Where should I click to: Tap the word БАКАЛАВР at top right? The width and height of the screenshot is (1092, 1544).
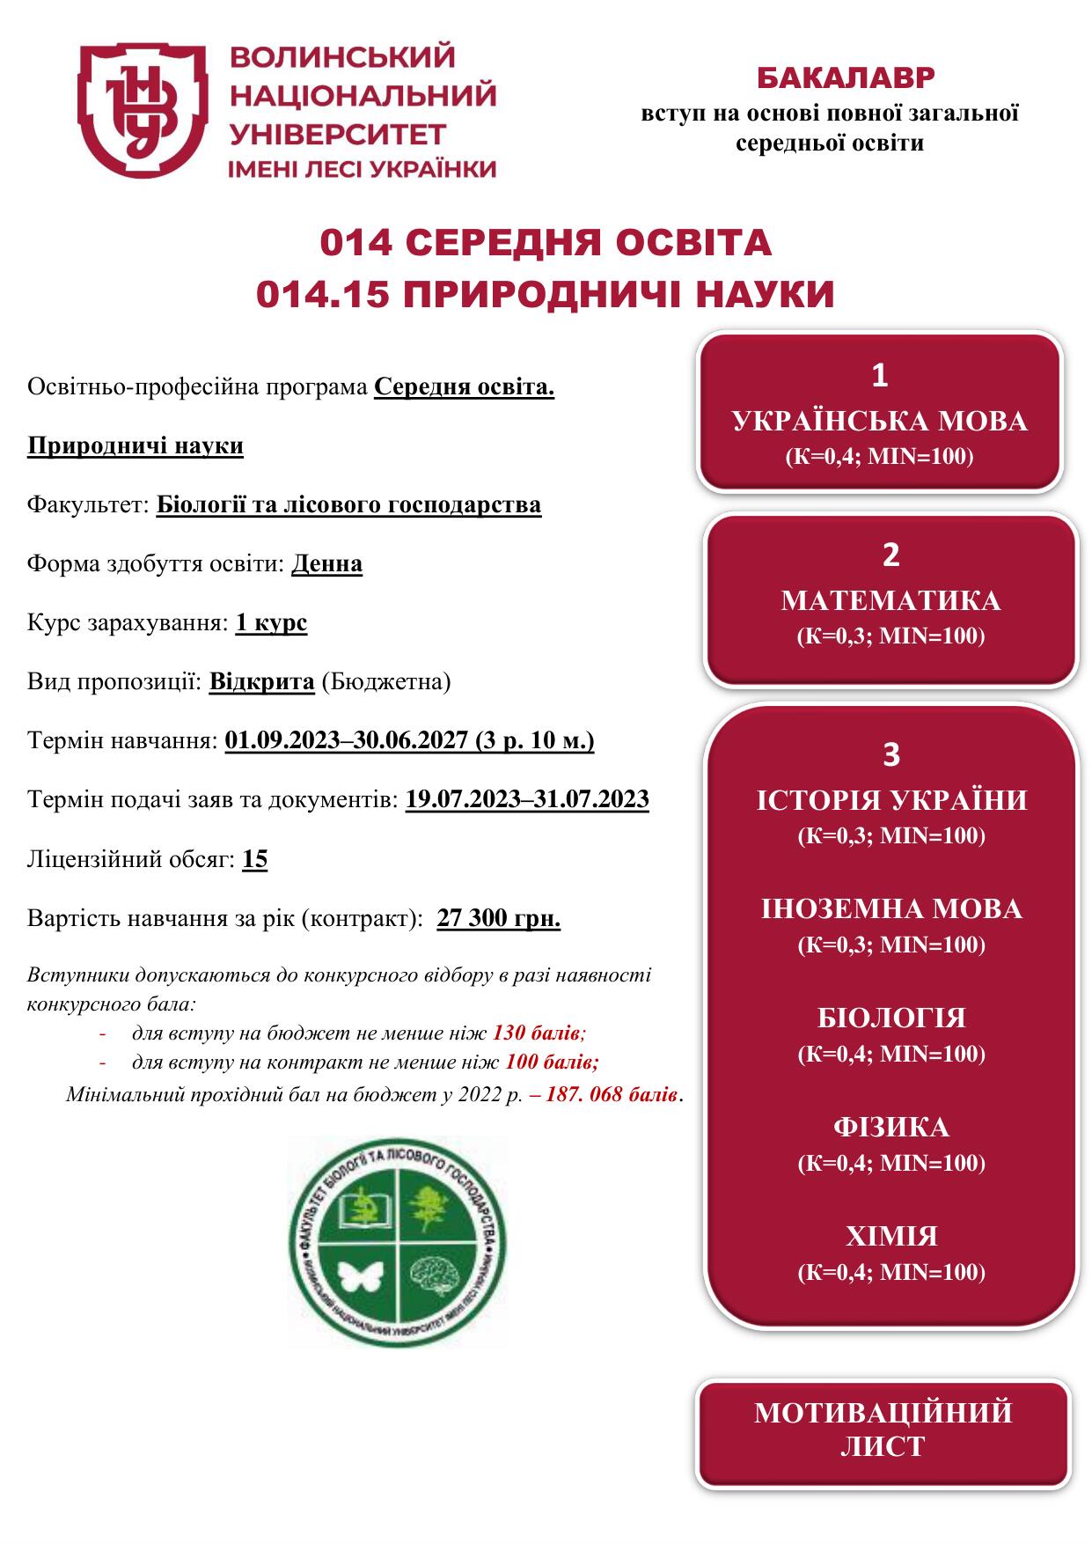click(845, 78)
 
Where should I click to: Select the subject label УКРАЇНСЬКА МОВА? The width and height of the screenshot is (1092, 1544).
click(879, 422)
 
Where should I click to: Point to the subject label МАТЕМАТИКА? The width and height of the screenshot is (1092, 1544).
click(890, 600)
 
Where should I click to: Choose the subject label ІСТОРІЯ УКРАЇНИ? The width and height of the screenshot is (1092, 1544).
click(891, 800)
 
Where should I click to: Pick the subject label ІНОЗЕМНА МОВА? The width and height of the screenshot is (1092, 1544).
click(891, 908)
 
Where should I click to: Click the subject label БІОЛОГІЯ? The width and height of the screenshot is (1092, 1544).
click(891, 1018)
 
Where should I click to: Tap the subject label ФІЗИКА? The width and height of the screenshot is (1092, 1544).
click(891, 1127)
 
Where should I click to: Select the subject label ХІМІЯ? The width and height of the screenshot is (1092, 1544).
click(891, 1236)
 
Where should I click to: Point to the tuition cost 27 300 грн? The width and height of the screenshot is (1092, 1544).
click(498, 918)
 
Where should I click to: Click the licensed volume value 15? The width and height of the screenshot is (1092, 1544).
click(254, 859)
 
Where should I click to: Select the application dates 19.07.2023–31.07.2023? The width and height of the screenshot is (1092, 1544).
click(527, 799)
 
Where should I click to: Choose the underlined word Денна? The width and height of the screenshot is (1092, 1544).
click(326, 563)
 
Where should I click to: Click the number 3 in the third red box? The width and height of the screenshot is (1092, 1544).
click(890, 754)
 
